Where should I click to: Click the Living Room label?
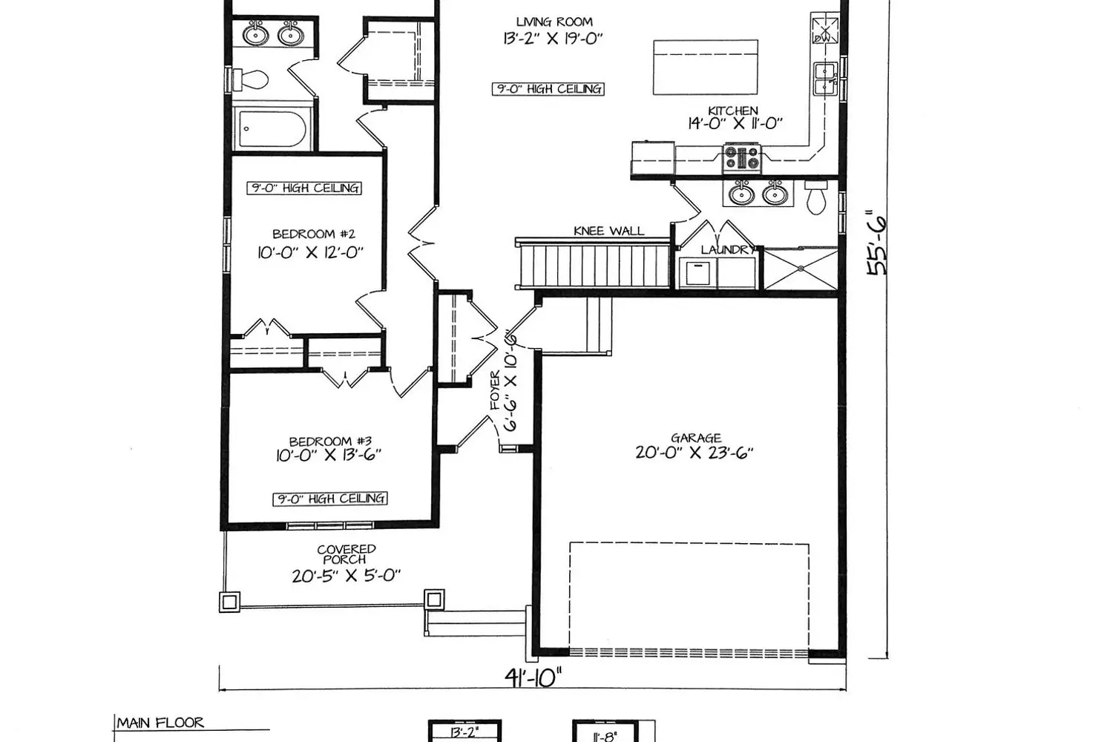tap(554, 22)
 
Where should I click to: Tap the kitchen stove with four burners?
tap(742, 159)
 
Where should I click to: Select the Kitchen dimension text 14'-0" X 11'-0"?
tap(735, 123)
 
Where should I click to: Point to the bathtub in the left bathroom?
tap(272, 128)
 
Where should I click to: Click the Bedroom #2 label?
tap(314, 234)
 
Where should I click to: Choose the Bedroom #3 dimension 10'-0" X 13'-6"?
tap(329, 456)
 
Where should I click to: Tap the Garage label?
tap(696, 438)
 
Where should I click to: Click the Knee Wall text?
tap(608, 231)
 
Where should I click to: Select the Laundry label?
tap(728, 249)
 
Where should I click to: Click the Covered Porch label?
tap(347, 554)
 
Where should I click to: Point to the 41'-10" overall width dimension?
tap(533, 677)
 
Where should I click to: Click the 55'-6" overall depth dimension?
tap(876, 245)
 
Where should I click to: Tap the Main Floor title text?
tap(160, 723)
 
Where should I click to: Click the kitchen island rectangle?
tap(706, 67)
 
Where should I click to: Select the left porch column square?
tap(229, 602)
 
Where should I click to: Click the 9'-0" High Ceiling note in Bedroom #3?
tap(330, 499)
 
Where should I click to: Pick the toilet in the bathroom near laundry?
tap(816, 197)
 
